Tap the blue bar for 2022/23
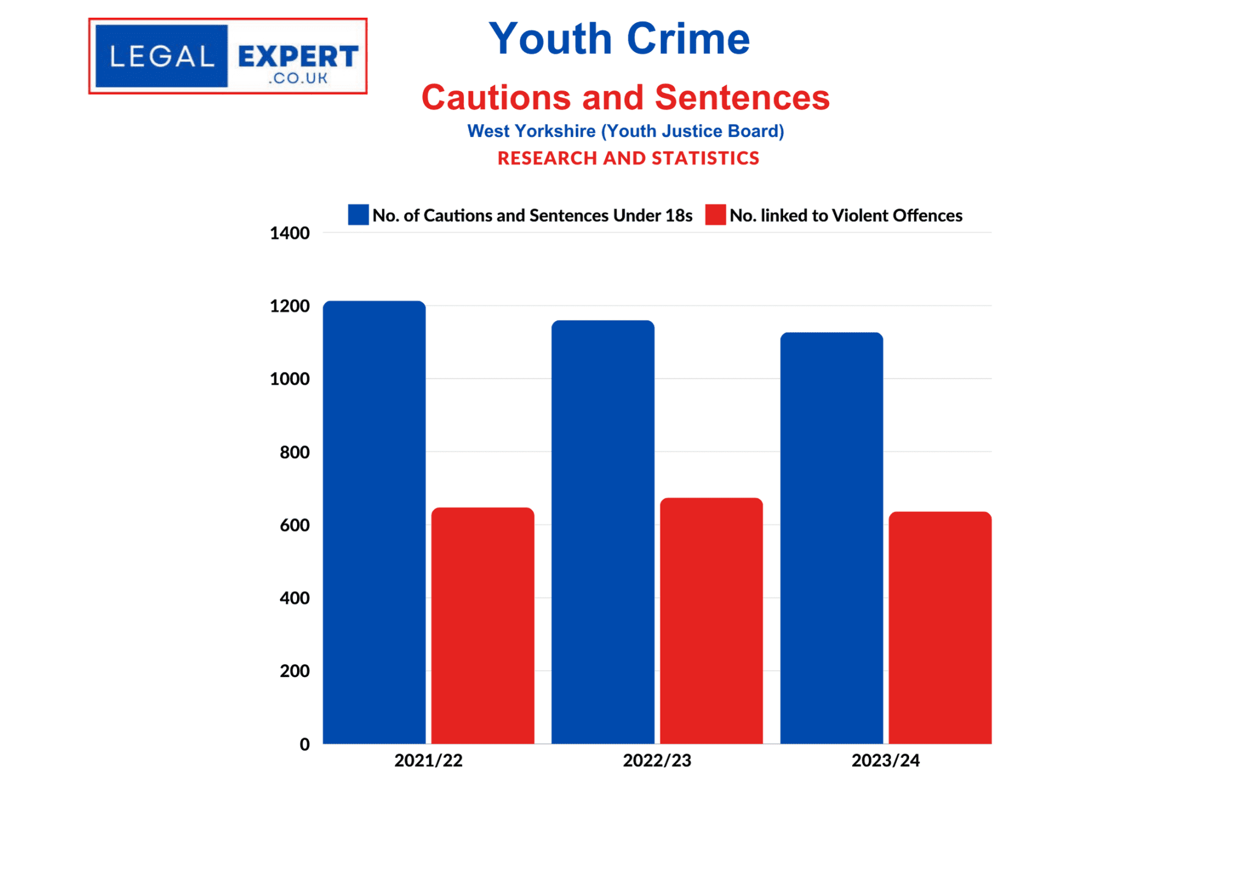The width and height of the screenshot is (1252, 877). pos(603,531)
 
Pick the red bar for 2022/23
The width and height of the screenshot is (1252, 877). pos(711,620)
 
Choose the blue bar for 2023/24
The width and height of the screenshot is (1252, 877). pos(831,538)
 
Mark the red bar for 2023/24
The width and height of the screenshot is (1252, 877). pos(940,627)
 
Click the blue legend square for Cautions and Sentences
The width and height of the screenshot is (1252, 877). pos(358,215)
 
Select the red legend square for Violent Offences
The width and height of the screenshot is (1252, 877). pos(715,215)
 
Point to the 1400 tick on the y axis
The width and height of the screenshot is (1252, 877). pos(290,233)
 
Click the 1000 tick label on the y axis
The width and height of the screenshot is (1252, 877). pos(290,379)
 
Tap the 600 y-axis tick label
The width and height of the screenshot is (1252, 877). pos(295,525)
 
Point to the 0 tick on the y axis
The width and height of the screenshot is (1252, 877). pos(304,744)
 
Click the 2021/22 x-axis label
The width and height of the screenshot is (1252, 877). pos(428,760)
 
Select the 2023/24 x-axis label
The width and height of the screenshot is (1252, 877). pos(885,760)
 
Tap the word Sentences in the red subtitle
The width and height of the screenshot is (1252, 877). pos(742,97)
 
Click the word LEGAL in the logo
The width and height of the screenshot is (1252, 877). pos(162,57)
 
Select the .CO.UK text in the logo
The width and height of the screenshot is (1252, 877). pos(298,78)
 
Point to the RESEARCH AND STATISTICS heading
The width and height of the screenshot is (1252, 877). pos(628,158)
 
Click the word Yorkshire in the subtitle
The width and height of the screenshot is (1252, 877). pos(555,131)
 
